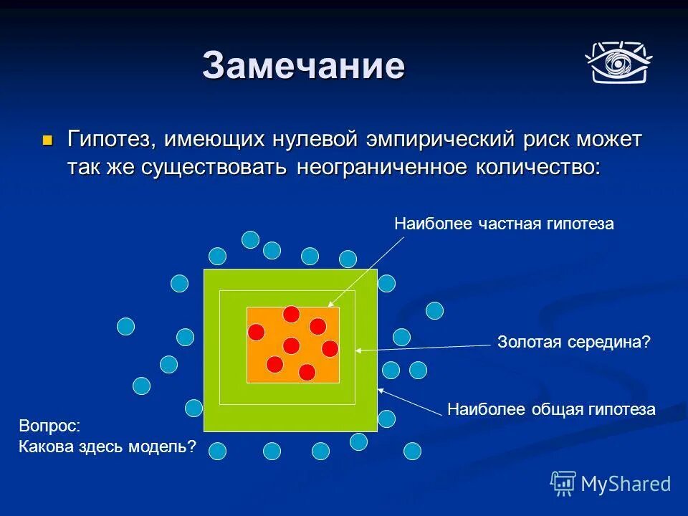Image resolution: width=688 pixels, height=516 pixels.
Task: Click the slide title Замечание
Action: click(303, 66)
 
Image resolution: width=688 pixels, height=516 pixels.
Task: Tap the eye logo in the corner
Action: click(618, 62)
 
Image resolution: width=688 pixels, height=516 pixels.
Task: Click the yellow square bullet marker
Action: click(48, 139)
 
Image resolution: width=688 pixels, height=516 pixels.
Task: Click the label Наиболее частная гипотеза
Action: click(504, 224)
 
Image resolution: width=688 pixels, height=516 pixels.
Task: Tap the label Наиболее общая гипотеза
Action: click(551, 409)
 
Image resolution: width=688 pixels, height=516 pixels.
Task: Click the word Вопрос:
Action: click(50, 425)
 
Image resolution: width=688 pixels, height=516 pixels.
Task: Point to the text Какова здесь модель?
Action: click(107, 446)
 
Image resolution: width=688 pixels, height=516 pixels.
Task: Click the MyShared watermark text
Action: click(625, 484)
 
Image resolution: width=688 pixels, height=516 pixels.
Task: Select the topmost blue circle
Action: click(250, 239)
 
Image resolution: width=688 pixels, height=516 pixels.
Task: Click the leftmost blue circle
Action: click(126, 327)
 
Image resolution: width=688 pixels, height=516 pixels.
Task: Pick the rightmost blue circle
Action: click(434, 310)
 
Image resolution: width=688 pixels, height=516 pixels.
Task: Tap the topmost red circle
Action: click(291, 314)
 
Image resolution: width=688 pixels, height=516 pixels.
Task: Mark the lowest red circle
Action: click(307, 372)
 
